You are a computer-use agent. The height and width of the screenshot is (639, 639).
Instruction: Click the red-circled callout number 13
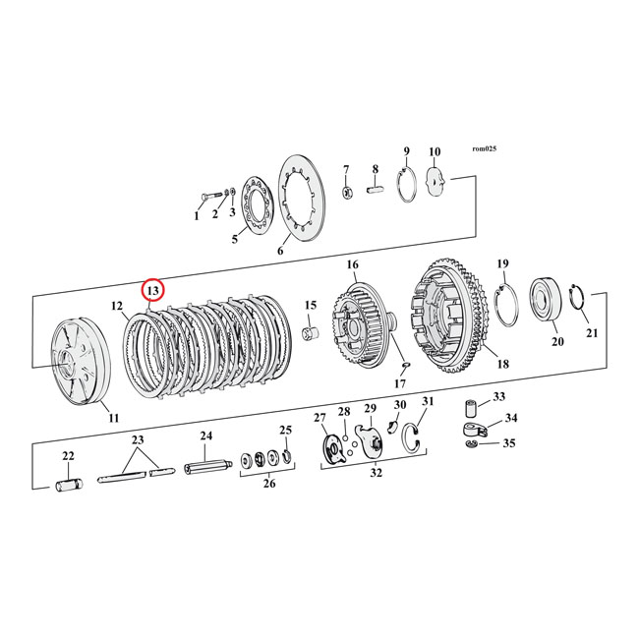153,291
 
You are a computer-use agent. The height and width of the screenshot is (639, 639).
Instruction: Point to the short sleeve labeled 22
68,485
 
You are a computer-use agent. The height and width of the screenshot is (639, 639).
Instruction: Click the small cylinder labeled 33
471,406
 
